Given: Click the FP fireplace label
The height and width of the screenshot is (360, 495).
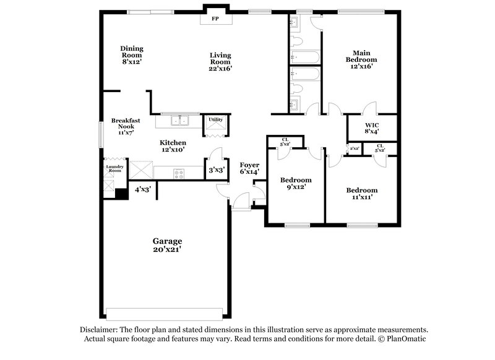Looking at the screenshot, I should [x=215, y=19].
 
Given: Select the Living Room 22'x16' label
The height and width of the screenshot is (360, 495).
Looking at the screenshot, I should [x=220, y=62].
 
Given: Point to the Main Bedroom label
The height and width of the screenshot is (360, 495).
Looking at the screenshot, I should [x=361, y=59].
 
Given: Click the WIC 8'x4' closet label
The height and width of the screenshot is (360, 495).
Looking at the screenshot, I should [x=371, y=127].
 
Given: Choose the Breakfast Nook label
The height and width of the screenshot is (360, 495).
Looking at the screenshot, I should [x=123, y=126].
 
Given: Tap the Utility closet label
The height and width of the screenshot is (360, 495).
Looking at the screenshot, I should [x=215, y=119].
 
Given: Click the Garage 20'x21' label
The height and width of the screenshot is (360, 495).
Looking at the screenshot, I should [x=168, y=245].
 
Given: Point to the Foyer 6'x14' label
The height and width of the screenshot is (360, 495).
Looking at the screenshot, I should [x=249, y=168].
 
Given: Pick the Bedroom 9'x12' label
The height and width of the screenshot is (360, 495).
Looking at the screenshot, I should [x=295, y=184].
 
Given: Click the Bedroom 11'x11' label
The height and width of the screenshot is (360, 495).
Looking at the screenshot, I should [x=361, y=194].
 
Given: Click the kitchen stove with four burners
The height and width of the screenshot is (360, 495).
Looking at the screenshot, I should [x=179, y=174].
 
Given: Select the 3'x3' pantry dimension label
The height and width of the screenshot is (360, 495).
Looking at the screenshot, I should [x=215, y=169].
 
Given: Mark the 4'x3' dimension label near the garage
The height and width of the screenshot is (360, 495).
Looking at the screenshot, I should [x=143, y=190].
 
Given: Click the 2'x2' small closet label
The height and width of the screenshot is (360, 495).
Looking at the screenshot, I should [x=354, y=148].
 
